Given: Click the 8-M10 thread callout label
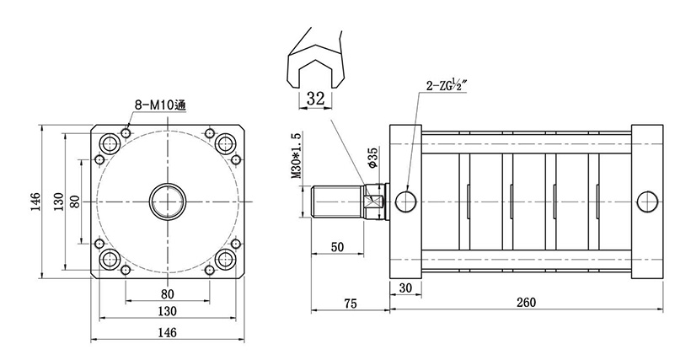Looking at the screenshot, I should (160, 105).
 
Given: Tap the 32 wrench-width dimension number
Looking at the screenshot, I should (315, 99).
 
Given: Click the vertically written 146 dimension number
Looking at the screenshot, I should (35, 201).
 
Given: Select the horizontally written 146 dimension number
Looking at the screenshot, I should (167, 333).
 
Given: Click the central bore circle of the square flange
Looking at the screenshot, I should (168, 201).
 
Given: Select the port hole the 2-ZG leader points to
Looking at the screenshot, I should (405, 201).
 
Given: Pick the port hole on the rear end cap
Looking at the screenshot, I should (648, 201).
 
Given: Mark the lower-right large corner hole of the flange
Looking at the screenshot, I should (225, 260).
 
